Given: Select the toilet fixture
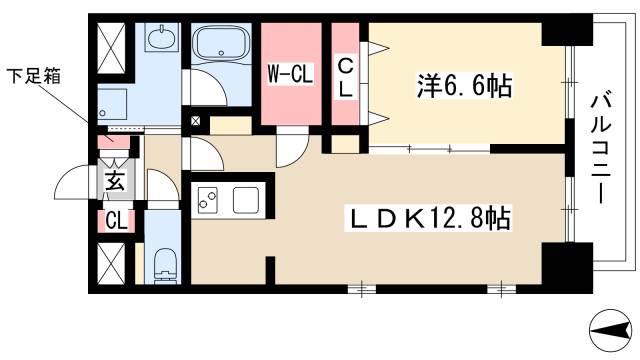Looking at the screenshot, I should [x=165, y=266].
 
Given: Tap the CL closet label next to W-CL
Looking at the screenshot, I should [x=344, y=76].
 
